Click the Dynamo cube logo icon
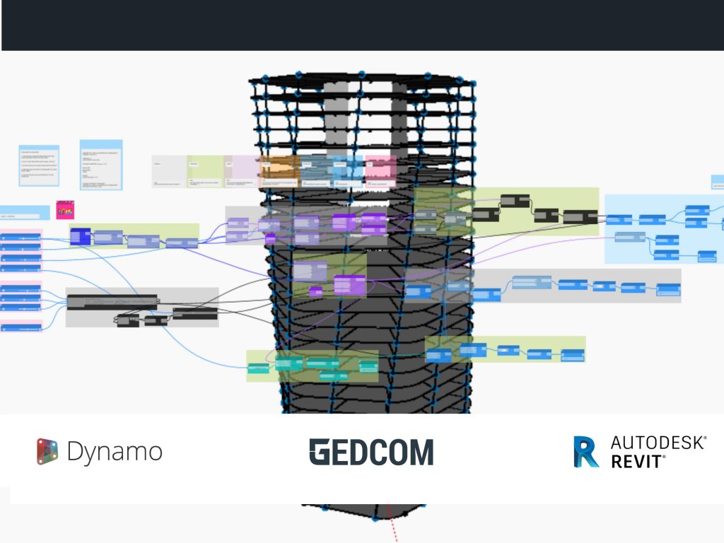tap(47, 452)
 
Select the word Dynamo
tap(115, 452)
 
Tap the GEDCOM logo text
tap(371, 452)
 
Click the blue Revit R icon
tap(586, 452)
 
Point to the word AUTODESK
tap(658, 443)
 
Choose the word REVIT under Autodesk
tap(637, 462)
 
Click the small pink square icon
tap(66, 210)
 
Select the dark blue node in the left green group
tap(81, 236)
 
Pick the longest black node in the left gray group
tap(113, 301)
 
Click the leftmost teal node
tap(259, 368)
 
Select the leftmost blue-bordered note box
tap(39, 165)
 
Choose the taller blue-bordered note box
tap(101, 165)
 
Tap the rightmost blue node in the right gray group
tap(668, 289)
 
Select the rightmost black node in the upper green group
tap(580, 216)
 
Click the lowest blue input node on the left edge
tap(21, 327)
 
